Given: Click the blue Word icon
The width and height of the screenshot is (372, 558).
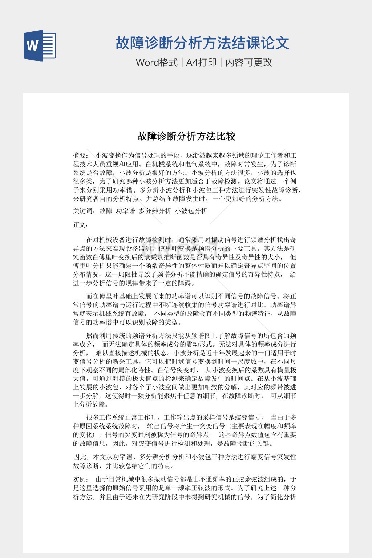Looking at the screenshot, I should pyautogui.click(x=40, y=46).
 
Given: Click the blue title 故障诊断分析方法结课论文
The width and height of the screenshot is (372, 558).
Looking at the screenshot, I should pyautogui.click(x=202, y=43).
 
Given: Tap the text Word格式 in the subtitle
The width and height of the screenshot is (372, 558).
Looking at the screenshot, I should pyautogui.click(x=157, y=62).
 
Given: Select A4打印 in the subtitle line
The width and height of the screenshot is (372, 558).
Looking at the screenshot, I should pyautogui.click(x=201, y=62).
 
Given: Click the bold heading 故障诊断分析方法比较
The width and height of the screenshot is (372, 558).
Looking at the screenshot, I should pyautogui.click(x=186, y=136).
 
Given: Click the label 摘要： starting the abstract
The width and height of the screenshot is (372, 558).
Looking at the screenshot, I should pyautogui.click(x=80, y=155).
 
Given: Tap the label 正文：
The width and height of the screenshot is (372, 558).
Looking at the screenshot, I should pyautogui.click(x=80, y=225).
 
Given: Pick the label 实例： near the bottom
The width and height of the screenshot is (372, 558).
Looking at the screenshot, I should pyautogui.click(x=80, y=479).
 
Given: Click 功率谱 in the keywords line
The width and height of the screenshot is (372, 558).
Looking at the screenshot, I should pyautogui.click(x=125, y=211).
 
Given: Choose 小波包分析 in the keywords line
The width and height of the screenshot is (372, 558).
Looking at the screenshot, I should pyautogui.click(x=191, y=211).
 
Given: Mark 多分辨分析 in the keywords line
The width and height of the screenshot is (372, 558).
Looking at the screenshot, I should pyautogui.click(x=155, y=211).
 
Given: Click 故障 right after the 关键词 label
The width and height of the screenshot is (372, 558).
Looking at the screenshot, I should pyautogui.click(x=106, y=211).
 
